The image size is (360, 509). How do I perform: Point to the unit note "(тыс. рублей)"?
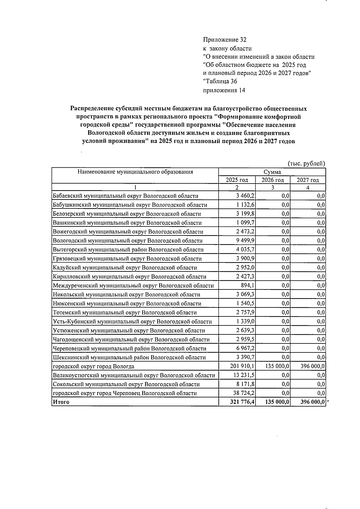[306, 164]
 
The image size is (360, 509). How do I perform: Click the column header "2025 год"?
[237, 180]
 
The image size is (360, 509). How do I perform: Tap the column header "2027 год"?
[308, 180]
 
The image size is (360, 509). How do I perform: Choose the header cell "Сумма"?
[272, 172]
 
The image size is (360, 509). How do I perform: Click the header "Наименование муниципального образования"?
[135, 172]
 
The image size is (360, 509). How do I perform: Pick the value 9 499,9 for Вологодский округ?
[245, 241]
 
